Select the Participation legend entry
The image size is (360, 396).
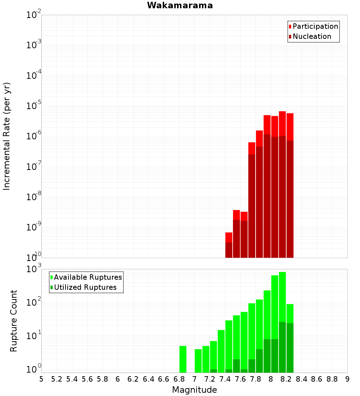[x=315, y=27]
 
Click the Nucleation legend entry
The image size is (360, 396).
[x=311, y=37]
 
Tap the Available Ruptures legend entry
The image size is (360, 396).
[x=87, y=278]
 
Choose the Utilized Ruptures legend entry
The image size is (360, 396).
[x=85, y=288]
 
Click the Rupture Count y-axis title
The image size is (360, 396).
[x=14, y=320]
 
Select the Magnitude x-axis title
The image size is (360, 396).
[x=194, y=390]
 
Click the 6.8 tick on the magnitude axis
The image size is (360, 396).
[x=179, y=379]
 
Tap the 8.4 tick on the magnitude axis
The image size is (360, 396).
[x=301, y=379]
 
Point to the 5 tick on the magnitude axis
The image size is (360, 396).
[x=41, y=379]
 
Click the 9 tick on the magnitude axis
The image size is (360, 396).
[x=347, y=379]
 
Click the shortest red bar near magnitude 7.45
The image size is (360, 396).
[x=229, y=238]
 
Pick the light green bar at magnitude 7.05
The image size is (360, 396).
[x=198, y=361]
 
